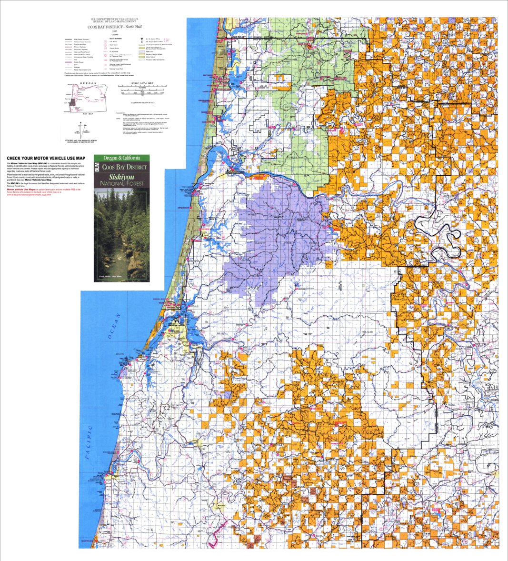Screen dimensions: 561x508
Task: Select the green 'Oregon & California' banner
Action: point(121,158)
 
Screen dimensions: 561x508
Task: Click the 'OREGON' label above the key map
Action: point(89,83)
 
